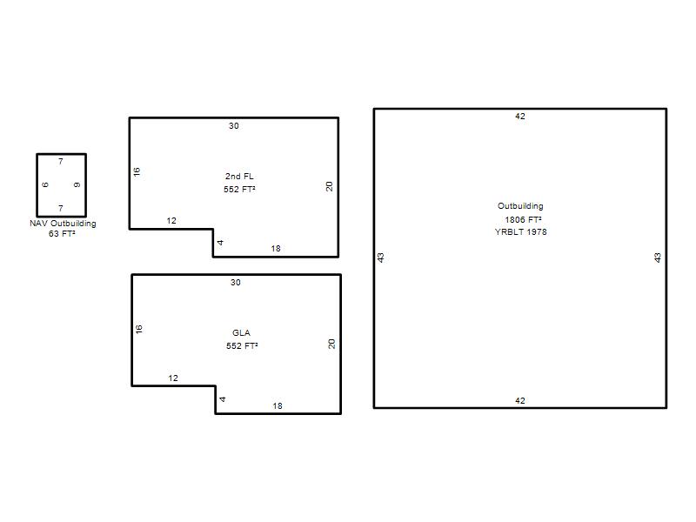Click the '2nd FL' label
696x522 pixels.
click(239, 177)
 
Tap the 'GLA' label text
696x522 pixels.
click(241, 333)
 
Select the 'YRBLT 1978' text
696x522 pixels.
click(520, 231)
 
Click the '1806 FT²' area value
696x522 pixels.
click(523, 219)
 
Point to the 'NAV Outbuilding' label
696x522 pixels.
click(63, 224)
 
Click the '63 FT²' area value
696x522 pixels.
click(62, 233)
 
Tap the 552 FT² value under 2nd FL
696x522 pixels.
click(239, 189)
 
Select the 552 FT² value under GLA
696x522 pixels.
click(242, 345)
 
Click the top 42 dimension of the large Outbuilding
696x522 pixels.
click(519, 117)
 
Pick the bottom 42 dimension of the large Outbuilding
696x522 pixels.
click(519, 401)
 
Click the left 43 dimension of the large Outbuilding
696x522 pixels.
click(380, 258)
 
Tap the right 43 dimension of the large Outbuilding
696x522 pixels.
click(658, 258)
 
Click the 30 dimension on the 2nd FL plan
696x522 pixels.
click(234, 126)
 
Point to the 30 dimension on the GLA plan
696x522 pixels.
click(236, 283)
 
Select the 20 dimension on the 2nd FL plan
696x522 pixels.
click(329, 186)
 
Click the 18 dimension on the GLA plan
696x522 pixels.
click(278, 406)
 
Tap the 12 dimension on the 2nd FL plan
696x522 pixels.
click(171, 221)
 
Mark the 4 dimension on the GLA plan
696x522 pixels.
click(223, 399)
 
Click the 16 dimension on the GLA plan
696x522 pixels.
click(139, 329)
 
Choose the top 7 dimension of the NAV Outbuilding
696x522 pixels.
click(61, 162)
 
